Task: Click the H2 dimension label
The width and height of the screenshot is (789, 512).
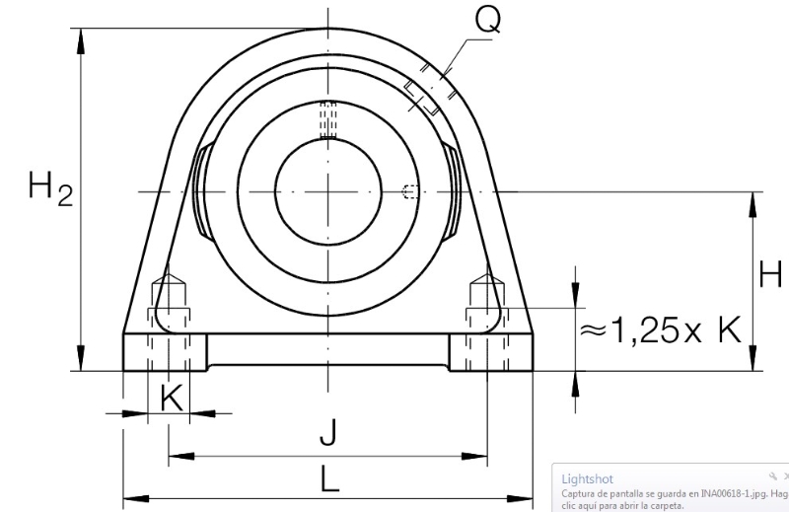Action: tap(50, 188)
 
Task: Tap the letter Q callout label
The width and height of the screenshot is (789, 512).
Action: tap(488, 20)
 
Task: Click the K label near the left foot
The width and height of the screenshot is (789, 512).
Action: tap(172, 398)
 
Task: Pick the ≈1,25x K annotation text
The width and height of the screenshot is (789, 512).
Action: tap(661, 330)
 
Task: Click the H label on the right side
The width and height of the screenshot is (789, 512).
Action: tap(770, 275)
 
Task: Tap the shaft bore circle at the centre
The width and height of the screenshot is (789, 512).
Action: tap(328, 191)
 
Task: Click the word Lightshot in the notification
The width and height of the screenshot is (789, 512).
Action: tap(587, 478)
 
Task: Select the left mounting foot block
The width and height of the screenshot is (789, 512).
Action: tap(165, 352)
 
